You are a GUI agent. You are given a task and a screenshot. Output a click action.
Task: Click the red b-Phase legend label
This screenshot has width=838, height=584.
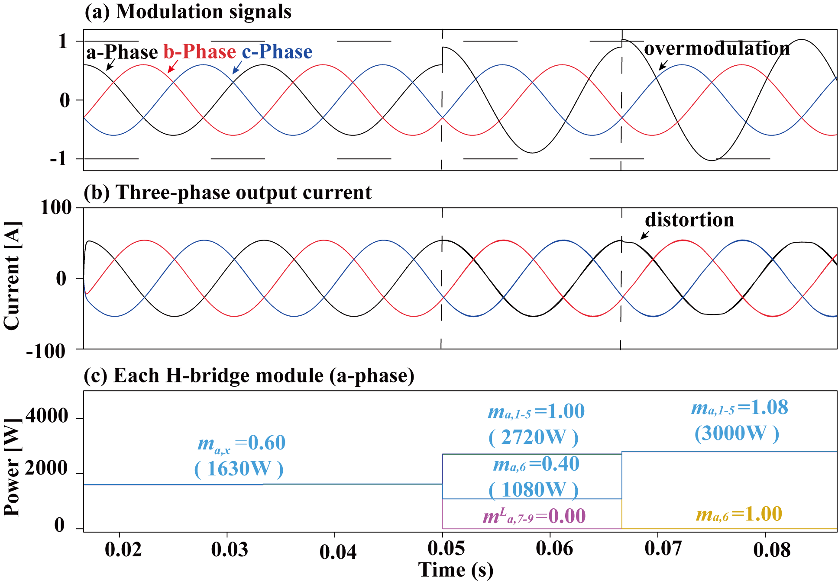coord(200,52)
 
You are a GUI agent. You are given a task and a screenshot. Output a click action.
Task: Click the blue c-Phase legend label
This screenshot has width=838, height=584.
coord(277,52)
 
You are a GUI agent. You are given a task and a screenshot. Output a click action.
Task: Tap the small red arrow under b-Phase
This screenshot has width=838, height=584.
coord(173,66)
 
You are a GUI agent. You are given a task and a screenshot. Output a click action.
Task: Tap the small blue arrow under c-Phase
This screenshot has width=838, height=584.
coord(237,67)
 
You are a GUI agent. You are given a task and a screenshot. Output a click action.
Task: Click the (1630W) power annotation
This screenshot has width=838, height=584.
coord(239,469)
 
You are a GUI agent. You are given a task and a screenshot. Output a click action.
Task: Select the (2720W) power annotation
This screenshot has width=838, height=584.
coord(534,438)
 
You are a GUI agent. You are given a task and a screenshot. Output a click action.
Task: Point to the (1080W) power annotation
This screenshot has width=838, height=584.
coord(534,490)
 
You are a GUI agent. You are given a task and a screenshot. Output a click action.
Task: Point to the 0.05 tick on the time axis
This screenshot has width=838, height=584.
coord(446,549)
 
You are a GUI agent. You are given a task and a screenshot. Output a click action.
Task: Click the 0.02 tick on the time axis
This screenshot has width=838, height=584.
coord(123,549)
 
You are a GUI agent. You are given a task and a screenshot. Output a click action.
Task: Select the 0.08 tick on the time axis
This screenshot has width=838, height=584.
coord(772,549)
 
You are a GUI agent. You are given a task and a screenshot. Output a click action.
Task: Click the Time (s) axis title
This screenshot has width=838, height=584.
coord(456,570)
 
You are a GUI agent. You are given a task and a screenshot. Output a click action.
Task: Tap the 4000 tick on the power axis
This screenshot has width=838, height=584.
coord(46,416)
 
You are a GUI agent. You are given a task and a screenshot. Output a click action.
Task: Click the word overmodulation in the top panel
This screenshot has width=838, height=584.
coord(717,49)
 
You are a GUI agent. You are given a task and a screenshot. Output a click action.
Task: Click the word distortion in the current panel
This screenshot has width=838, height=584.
coord(689,220)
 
